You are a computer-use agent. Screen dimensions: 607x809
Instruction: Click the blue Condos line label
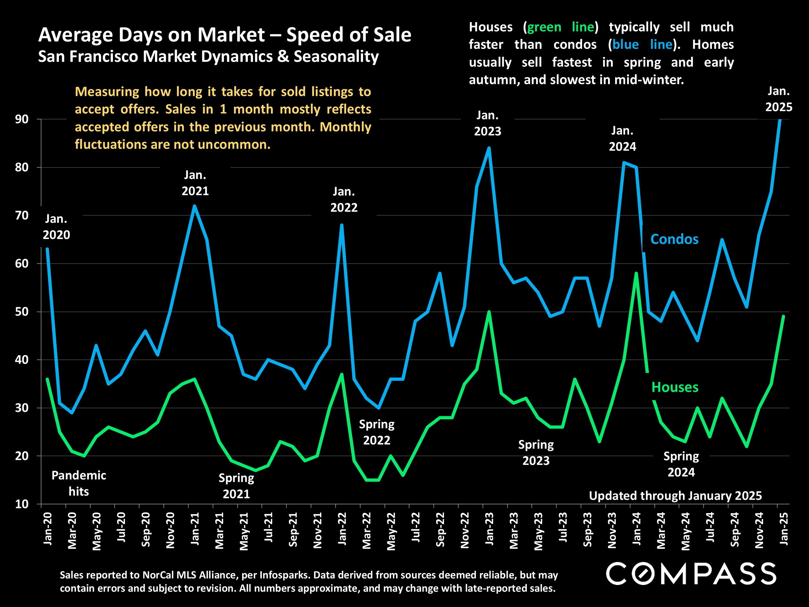(674, 239)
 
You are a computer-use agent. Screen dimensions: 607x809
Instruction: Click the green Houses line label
(675, 387)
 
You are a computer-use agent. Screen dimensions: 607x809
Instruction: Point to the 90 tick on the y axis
(22, 119)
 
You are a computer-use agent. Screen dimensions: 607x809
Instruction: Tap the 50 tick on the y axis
(22, 312)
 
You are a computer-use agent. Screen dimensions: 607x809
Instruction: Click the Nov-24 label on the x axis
(759, 530)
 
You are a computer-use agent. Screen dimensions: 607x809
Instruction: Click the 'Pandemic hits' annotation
(79, 483)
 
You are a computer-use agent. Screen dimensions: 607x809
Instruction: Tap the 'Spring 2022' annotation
(377, 432)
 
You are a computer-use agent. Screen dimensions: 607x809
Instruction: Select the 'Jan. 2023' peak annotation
(488, 123)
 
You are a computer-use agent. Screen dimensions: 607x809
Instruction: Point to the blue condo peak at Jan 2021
(194, 206)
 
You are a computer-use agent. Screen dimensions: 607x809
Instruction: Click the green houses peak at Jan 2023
(489, 312)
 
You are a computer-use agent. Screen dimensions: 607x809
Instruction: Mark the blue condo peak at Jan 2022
(342, 225)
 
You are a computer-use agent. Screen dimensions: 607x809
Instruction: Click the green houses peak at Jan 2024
(637, 273)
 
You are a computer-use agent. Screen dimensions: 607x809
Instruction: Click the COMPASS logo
(691, 574)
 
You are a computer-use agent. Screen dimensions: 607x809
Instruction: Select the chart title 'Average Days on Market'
(151, 35)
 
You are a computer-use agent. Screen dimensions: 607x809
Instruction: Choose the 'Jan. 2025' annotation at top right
(779, 99)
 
